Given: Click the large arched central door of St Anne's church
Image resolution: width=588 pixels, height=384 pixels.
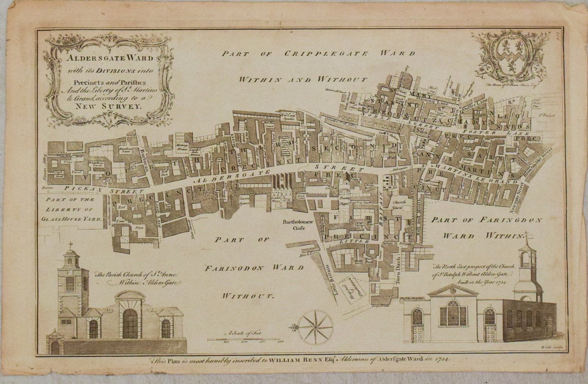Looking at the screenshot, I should pyautogui.click(x=129, y=325).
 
